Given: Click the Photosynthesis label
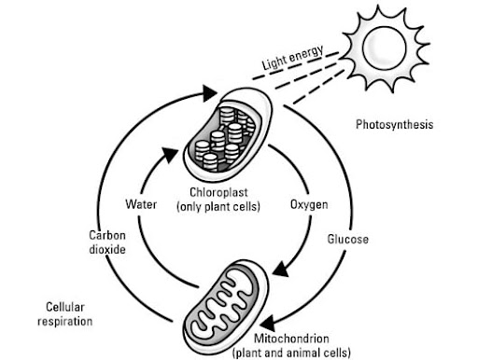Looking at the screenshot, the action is (394, 125).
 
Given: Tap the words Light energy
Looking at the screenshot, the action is (293, 58).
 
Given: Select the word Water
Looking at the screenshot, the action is (141, 204).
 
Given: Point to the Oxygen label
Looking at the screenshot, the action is (309, 205).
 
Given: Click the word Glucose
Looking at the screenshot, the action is (348, 239).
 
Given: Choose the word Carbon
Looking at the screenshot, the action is (107, 235).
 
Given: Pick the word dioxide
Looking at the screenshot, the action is (107, 249).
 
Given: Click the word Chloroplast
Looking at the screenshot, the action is (218, 192).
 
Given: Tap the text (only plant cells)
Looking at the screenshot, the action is (218, 207).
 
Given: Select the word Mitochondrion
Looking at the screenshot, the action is (291, 339).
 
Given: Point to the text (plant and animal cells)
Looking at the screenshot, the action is (291, 353).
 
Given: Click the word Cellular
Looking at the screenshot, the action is (65, 307).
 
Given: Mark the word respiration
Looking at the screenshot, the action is (65, 322).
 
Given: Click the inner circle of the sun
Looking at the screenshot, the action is (385, 48).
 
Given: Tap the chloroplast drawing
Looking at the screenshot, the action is (228, 134).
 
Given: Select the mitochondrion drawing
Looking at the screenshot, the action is (226, 308).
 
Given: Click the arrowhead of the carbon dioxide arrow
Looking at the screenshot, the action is (209, 93).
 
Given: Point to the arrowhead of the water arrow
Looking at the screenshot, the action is (170, 155).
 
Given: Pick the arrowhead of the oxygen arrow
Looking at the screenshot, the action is (281, 270).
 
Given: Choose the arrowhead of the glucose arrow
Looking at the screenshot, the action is (268, 324).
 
